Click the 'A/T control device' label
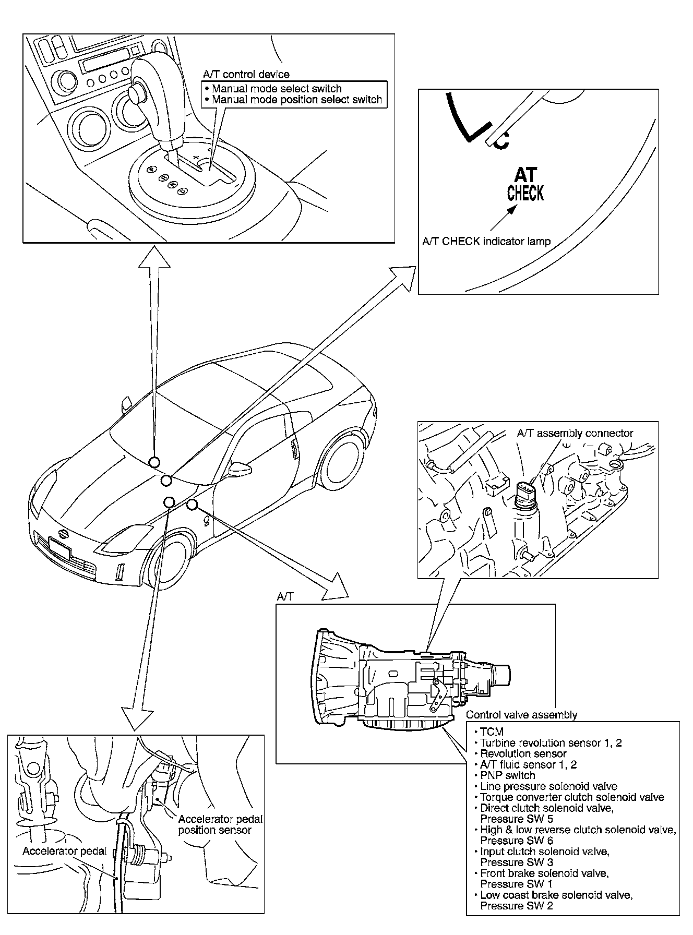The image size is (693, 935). click(x=246, y=75)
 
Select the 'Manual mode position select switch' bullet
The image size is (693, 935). click(x=297, y=99)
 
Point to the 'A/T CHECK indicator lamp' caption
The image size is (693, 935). click(x=486, y=241)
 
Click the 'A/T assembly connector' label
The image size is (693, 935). click(x=575, y=433)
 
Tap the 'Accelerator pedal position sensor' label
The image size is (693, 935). click(x=220, y=825)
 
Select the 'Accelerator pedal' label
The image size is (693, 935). click(x=64, y=851)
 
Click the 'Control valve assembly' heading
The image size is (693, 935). click(x=521, y=715)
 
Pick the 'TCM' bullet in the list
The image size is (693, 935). click(x=492, y=732)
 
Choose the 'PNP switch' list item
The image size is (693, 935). click(x=507, y=775)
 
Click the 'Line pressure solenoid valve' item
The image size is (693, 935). click(x=548, y=786)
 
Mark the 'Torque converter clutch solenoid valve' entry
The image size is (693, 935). click(x=572, y=797)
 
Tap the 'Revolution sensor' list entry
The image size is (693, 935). click(x=523, y=753)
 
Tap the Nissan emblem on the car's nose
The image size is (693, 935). click(x=63, y=534)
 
